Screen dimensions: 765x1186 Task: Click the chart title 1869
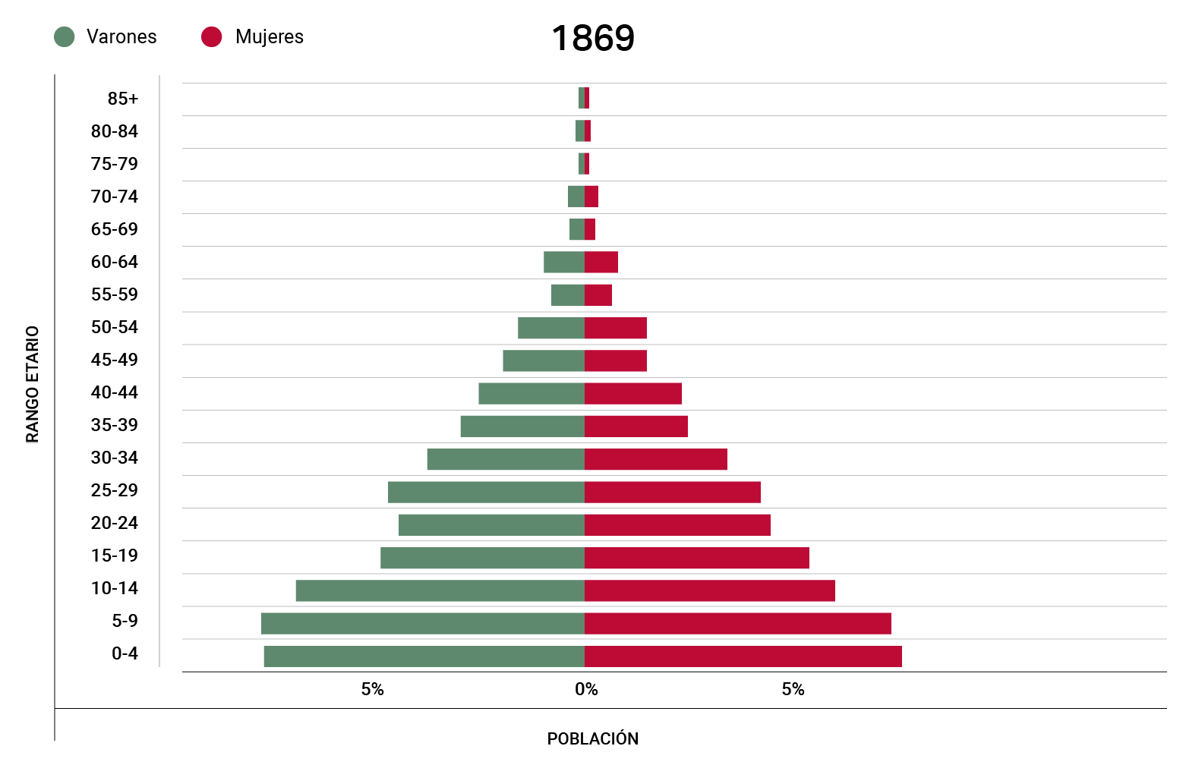tap(593, 38)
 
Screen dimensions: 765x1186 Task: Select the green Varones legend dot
tap(65, 36)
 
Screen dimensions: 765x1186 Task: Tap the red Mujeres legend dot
tap(211, 36)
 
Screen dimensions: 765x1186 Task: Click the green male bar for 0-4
tap(424, 656)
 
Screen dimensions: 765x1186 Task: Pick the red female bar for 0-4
tap(743, 656)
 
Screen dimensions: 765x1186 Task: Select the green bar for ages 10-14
tap(440, 590)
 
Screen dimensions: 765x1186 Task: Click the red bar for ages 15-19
tap(696, 558)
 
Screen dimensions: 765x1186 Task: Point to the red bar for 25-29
tap(672, 492)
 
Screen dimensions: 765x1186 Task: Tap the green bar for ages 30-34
tap(506, 459)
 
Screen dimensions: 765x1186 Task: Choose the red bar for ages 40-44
tap(632, 394)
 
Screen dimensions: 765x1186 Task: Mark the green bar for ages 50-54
tap(550, 328)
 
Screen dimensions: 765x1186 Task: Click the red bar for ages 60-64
tap(601, 262)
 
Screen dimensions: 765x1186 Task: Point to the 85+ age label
tap(123, 99)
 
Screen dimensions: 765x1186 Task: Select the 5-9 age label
tap(125, 621)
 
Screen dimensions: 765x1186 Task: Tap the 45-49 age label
tap(115, 360)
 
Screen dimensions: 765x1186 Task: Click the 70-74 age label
tap(115, 197)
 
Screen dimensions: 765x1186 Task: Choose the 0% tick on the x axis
tap(586, 689)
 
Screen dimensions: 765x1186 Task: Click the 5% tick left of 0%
tap(372, 689)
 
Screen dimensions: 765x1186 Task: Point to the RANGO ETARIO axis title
tap(33, 384)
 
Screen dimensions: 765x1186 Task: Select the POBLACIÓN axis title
tap(593, 738)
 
